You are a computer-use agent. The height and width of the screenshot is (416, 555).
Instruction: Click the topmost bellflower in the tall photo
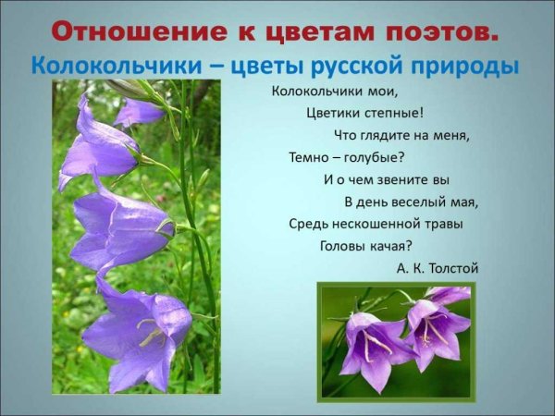[139, 113]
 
